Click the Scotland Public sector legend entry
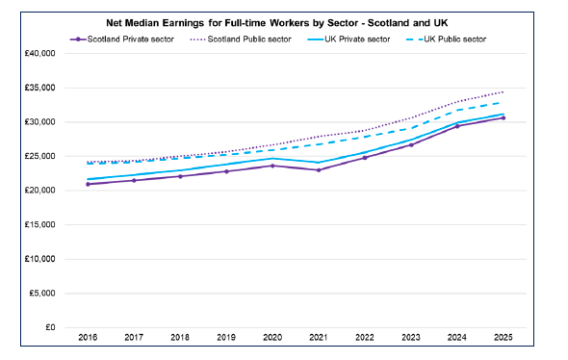tap(240, 39)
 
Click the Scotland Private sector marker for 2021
tap(319, 170)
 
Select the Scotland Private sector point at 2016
tap(90, 184)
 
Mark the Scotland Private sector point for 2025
tap(503, 118)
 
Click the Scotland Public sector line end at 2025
tap(503, 92)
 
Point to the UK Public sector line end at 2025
tap(503, 102)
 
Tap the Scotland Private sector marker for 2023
tap(411, 144)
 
